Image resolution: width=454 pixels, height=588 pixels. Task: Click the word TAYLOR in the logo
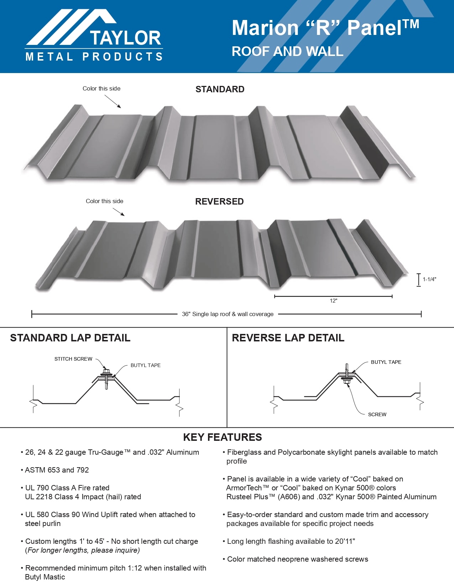pos(125,38)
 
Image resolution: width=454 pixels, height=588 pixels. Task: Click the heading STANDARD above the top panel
pos(220,89)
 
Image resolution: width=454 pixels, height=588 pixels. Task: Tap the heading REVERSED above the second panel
pos(219,201)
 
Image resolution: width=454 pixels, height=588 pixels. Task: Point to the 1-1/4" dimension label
pos(429,279)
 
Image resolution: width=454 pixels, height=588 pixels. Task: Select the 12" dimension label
pos(333,301)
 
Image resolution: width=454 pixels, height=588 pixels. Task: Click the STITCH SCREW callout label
pos(73,359)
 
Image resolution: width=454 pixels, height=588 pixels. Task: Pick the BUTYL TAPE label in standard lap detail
pos(145,365)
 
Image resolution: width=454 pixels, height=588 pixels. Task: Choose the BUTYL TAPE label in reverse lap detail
pos(386,362)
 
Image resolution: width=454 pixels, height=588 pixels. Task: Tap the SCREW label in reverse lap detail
pos(377,414)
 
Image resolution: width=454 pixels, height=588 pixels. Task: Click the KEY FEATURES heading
pos(223,437)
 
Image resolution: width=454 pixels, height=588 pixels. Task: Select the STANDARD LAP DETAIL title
pos(70,338)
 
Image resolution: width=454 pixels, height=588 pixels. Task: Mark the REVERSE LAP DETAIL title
pos(288,338)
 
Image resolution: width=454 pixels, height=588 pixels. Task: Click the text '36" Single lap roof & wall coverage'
pos(228,314)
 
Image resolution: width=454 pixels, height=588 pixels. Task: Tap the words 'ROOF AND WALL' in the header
pos(287,51)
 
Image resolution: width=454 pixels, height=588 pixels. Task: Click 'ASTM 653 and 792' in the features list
pos(57,470)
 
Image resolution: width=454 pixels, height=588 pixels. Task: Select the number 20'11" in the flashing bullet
pos(345,541)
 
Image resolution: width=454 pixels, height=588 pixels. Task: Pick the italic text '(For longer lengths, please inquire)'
pos(83,550)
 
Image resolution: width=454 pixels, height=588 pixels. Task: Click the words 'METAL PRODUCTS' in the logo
pos(94,57)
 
